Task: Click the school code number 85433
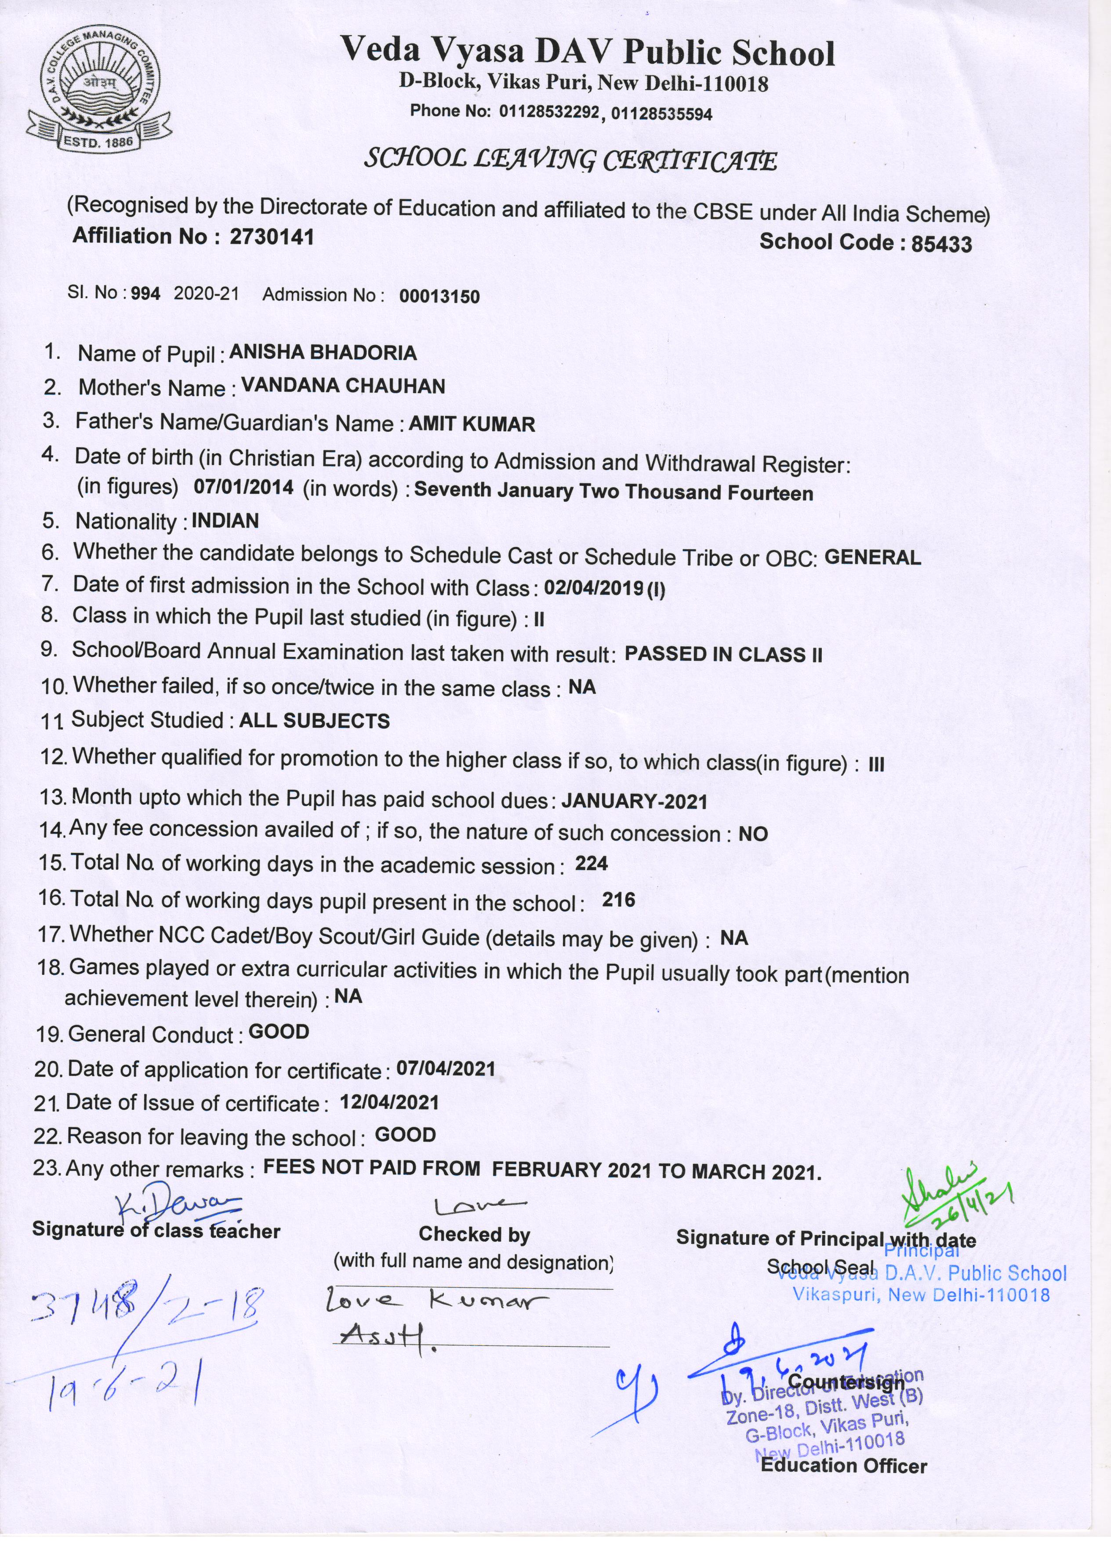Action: pos(941,244)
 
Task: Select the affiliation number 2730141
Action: pos(272,237)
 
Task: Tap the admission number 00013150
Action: pos(439,296)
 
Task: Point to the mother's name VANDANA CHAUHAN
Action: pos(343,386)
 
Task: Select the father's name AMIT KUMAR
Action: pos(472,424)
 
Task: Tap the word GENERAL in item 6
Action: pos(872,558)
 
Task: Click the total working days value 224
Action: pos(591,864)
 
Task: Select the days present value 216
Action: pos(618,900)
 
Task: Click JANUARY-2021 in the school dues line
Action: pos(635,802)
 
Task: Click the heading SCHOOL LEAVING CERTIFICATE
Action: pos(571,160)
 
